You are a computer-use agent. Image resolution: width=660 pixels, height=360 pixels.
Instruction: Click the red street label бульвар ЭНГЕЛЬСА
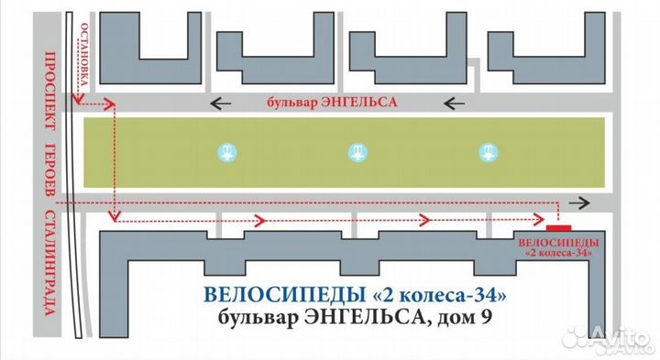331,103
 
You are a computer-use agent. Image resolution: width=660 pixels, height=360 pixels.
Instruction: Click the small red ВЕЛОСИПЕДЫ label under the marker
558,241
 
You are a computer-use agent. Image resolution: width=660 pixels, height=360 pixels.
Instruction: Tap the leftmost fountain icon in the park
225,152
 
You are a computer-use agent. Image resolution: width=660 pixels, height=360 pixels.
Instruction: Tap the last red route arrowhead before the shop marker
537,218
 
